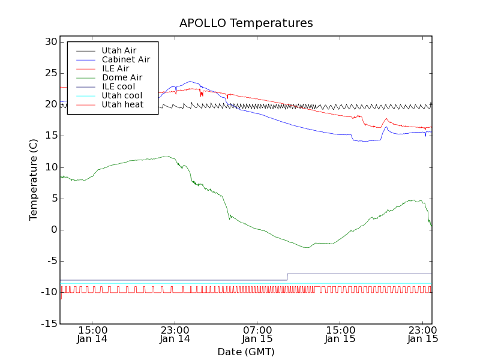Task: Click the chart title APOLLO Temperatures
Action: click(246, 23)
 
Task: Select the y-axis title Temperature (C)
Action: click(34, 179)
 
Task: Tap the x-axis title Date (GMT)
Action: click(246, 352)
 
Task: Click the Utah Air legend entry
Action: click(115, 50)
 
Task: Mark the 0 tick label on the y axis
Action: click(53, 230)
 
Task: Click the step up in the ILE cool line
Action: click(287, 277)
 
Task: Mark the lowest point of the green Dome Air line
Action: click(308, 247)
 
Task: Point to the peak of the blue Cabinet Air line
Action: click(190, 81)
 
